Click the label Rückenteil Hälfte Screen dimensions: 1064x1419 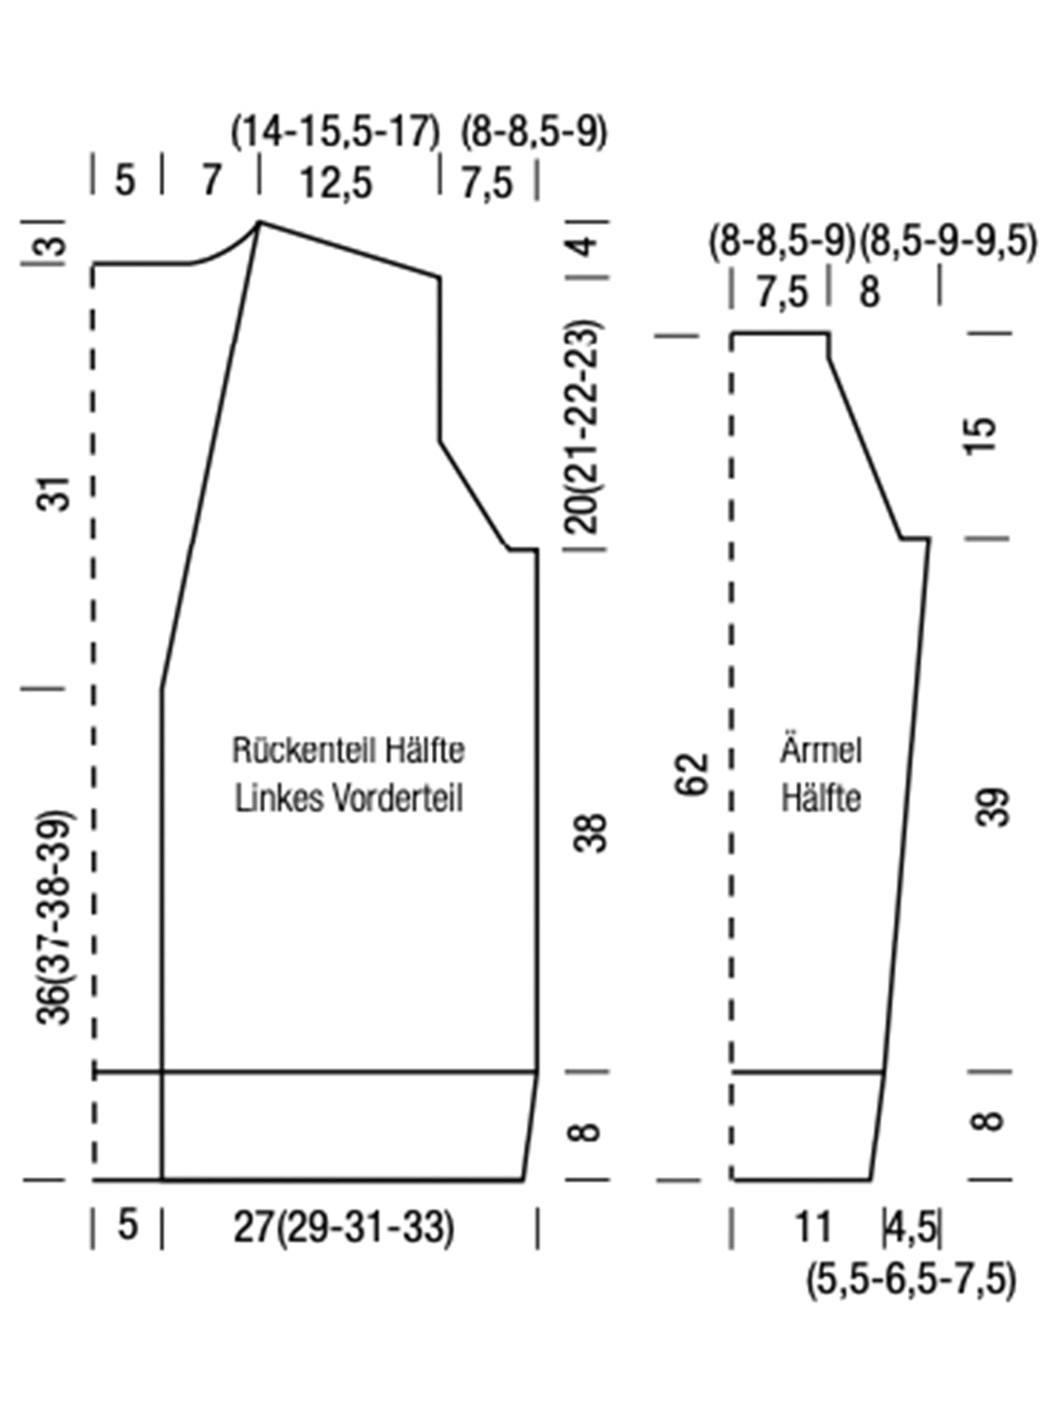(x=348, y=750)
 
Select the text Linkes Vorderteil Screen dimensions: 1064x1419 (x=348, y=798)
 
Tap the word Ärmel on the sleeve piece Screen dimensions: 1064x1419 (x=821, y=750)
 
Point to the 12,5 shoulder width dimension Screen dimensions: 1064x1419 (x=337, y=183)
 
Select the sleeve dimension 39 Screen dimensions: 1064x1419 (x=993, y=807)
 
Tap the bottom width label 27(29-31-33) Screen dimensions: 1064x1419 (x=344, y=1227)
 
